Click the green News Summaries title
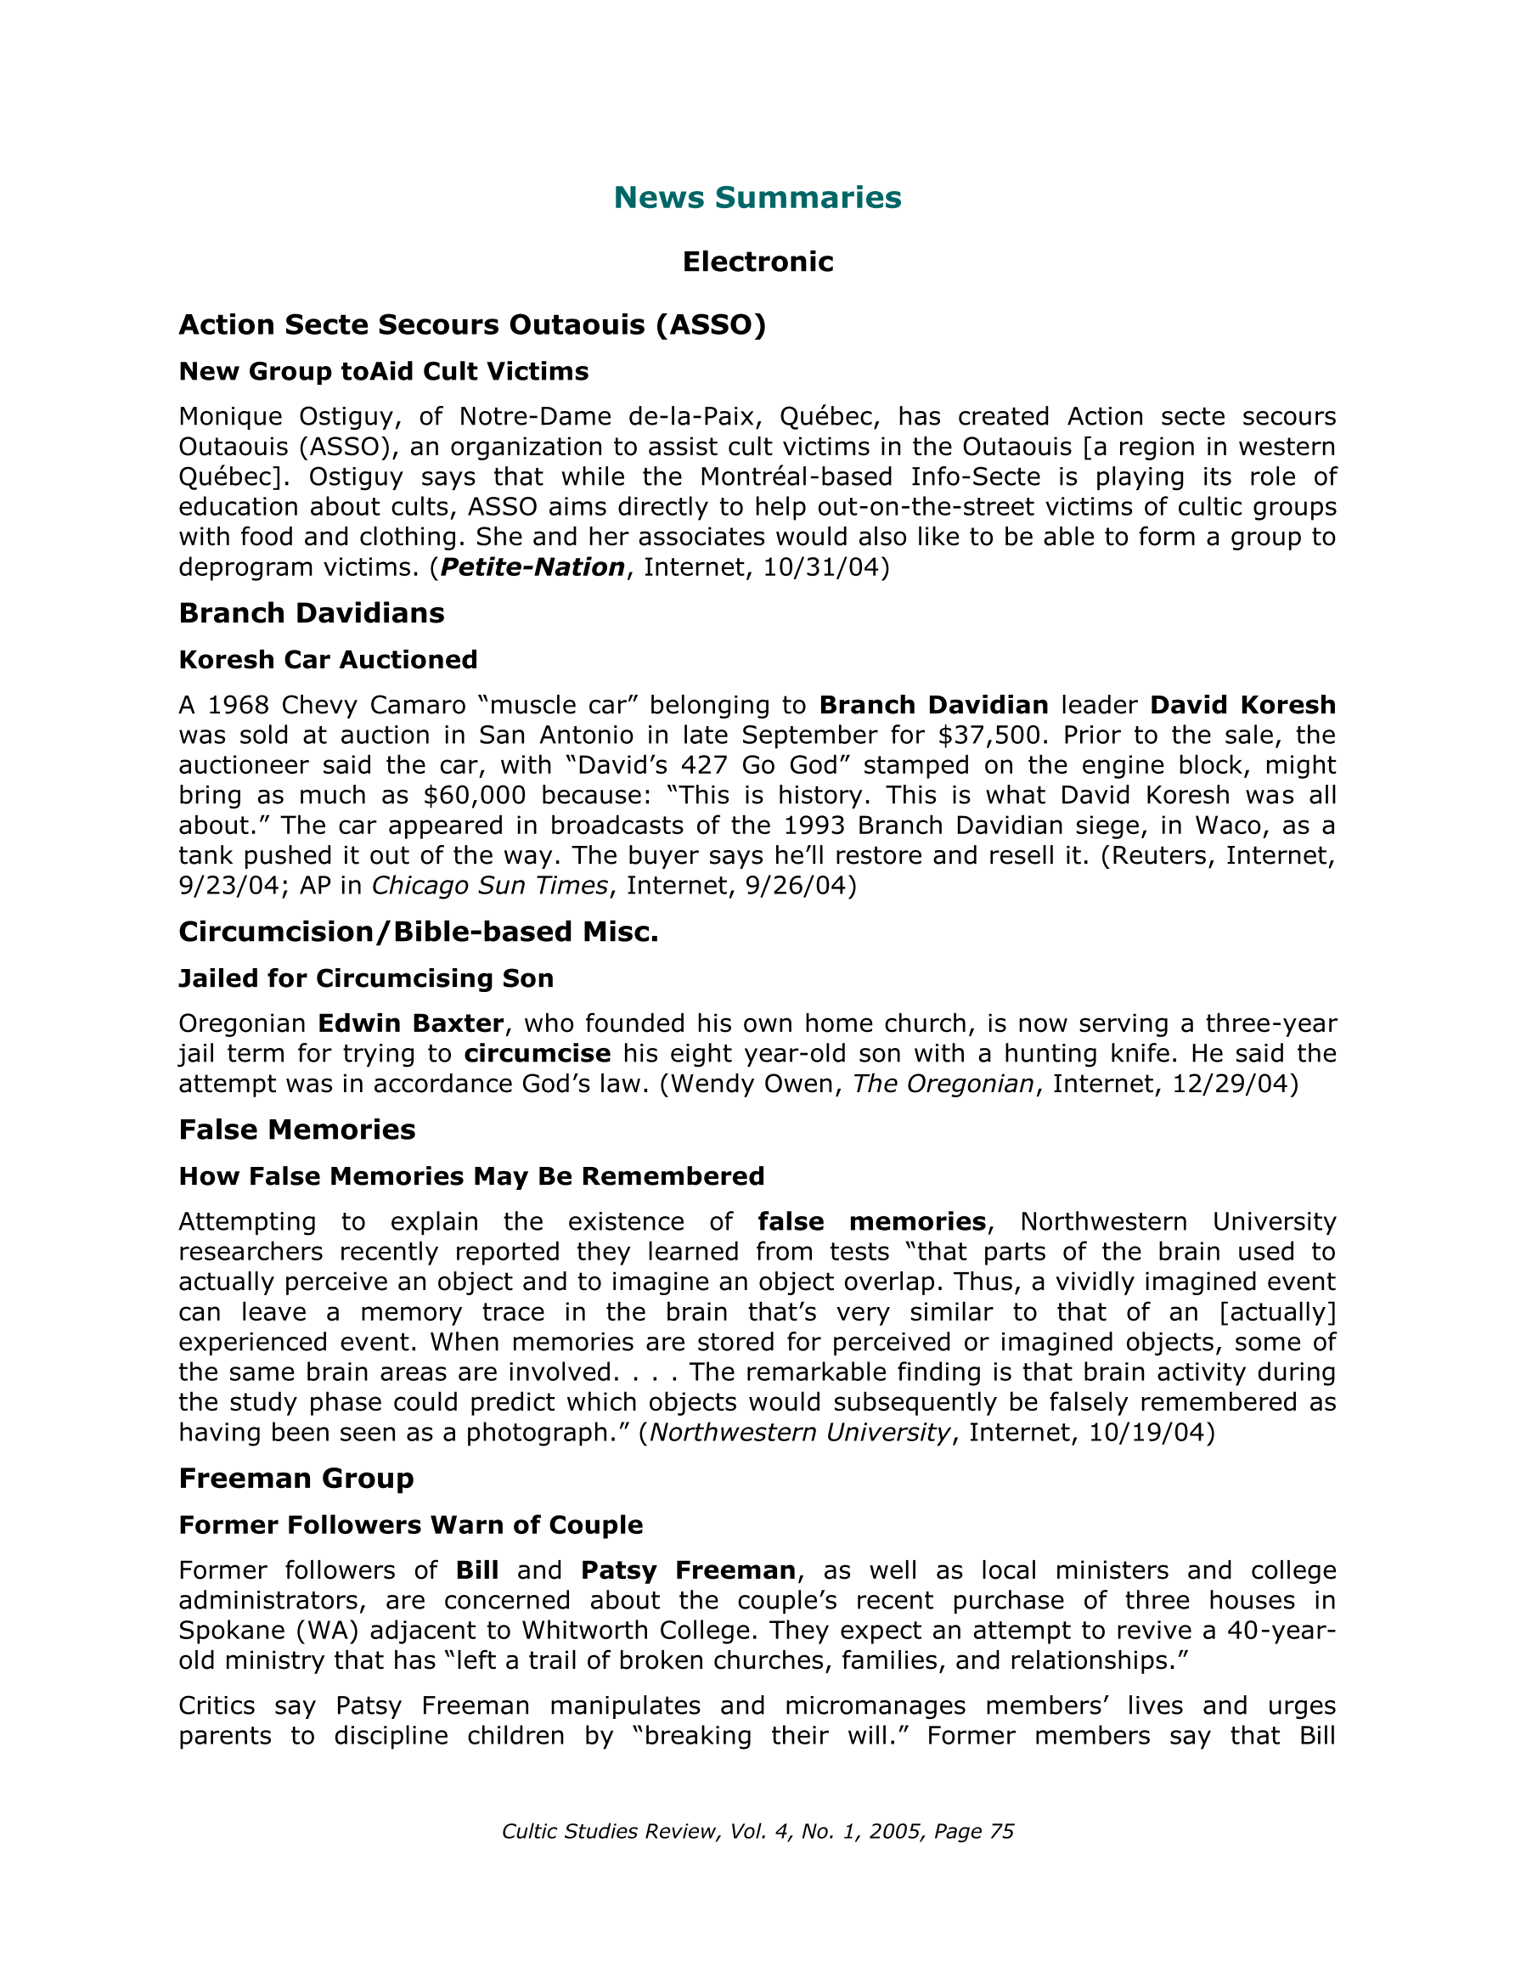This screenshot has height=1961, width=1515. [757, 198]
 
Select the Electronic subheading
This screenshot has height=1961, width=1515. [757, 262]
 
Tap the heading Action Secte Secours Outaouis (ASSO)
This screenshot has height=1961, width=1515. [472, 324]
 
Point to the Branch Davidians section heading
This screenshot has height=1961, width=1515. [312, 612]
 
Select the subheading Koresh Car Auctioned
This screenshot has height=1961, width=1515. [328, 660]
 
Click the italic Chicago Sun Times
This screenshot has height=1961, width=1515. [489, 886]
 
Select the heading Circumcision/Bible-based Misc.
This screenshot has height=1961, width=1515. [419, 932]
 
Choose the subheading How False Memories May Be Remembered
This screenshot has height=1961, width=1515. [471, 1176]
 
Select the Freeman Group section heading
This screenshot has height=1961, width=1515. [296, 1478]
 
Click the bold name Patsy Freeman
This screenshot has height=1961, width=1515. [688, 1570]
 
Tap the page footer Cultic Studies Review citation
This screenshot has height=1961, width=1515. [757, 1832]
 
